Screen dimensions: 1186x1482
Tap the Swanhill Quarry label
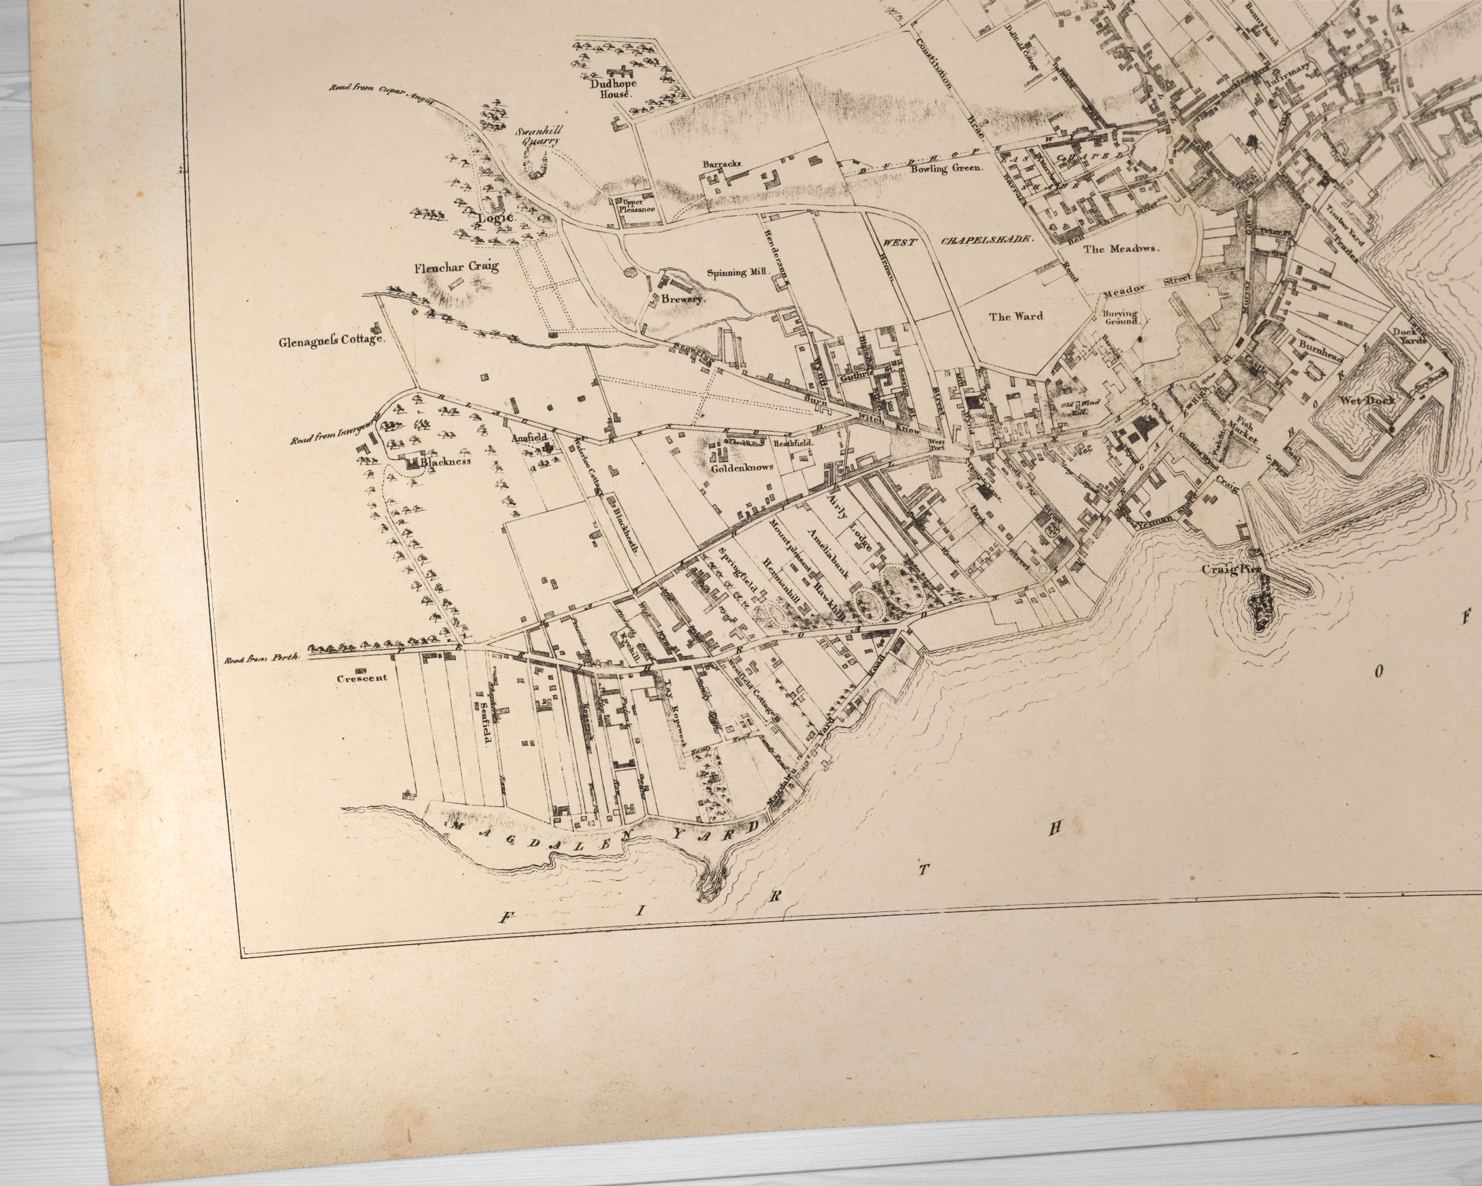click(x=539, y=134)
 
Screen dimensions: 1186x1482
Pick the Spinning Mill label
click(x=736, y=272)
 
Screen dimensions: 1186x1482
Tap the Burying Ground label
click(x=1121, y=316)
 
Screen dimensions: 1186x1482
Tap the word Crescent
click(x=362, y=678)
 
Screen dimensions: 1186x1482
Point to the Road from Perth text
click(x=263, y=659)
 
